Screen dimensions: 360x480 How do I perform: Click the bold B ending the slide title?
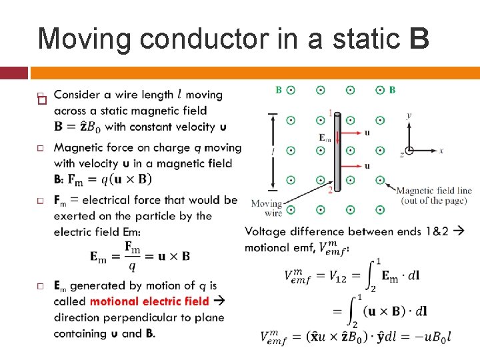420,39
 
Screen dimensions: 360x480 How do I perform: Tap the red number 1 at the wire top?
330,113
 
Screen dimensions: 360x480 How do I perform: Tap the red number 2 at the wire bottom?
330,190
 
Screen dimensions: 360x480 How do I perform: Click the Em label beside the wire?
325,138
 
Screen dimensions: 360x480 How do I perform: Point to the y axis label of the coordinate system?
409,115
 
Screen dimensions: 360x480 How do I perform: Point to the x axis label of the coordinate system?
441,151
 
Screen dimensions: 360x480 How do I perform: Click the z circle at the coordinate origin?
409,151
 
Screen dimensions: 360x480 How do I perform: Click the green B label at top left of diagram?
279,89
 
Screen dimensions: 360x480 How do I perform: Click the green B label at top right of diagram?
392,89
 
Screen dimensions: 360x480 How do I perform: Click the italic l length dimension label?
272,151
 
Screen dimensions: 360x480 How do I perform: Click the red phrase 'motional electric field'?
149,301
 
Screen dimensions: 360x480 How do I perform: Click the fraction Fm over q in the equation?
132,256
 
